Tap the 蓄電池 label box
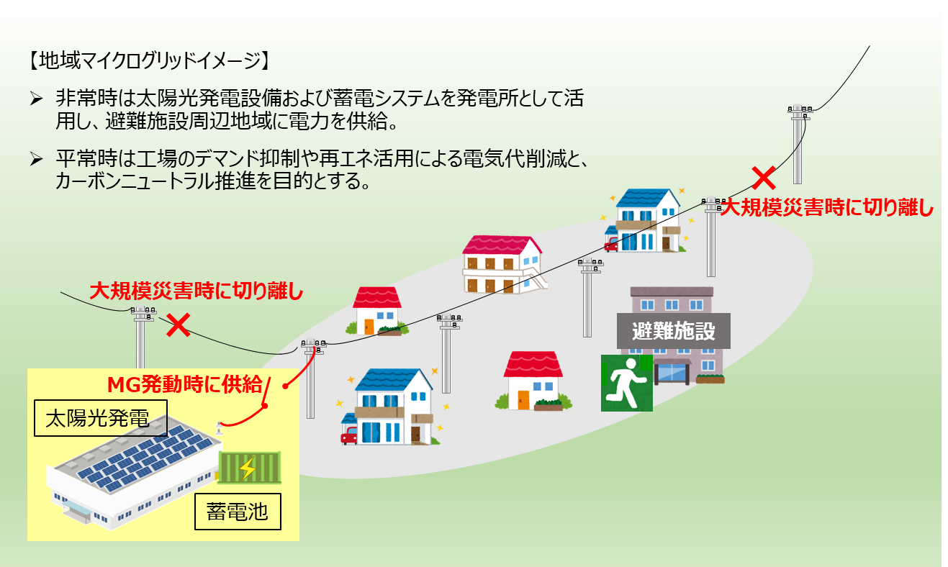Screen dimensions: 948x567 click(x=237, y=512)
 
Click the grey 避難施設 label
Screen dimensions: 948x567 click(x=673, y=332)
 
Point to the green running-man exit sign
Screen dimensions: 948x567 click(x=626, y=382)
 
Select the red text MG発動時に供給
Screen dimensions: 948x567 click(x=185, y=385)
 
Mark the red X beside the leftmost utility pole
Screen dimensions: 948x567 click(x=177, y=325)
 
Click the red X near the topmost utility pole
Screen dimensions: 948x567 click(x=764, y=176)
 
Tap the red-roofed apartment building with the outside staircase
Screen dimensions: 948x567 click(x=502, y=263)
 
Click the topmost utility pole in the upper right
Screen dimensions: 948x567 click(x=798, y=144)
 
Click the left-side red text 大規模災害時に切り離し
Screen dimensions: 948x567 click(x=196, y=292)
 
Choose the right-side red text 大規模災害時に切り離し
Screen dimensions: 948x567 click(x=826, y=208)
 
